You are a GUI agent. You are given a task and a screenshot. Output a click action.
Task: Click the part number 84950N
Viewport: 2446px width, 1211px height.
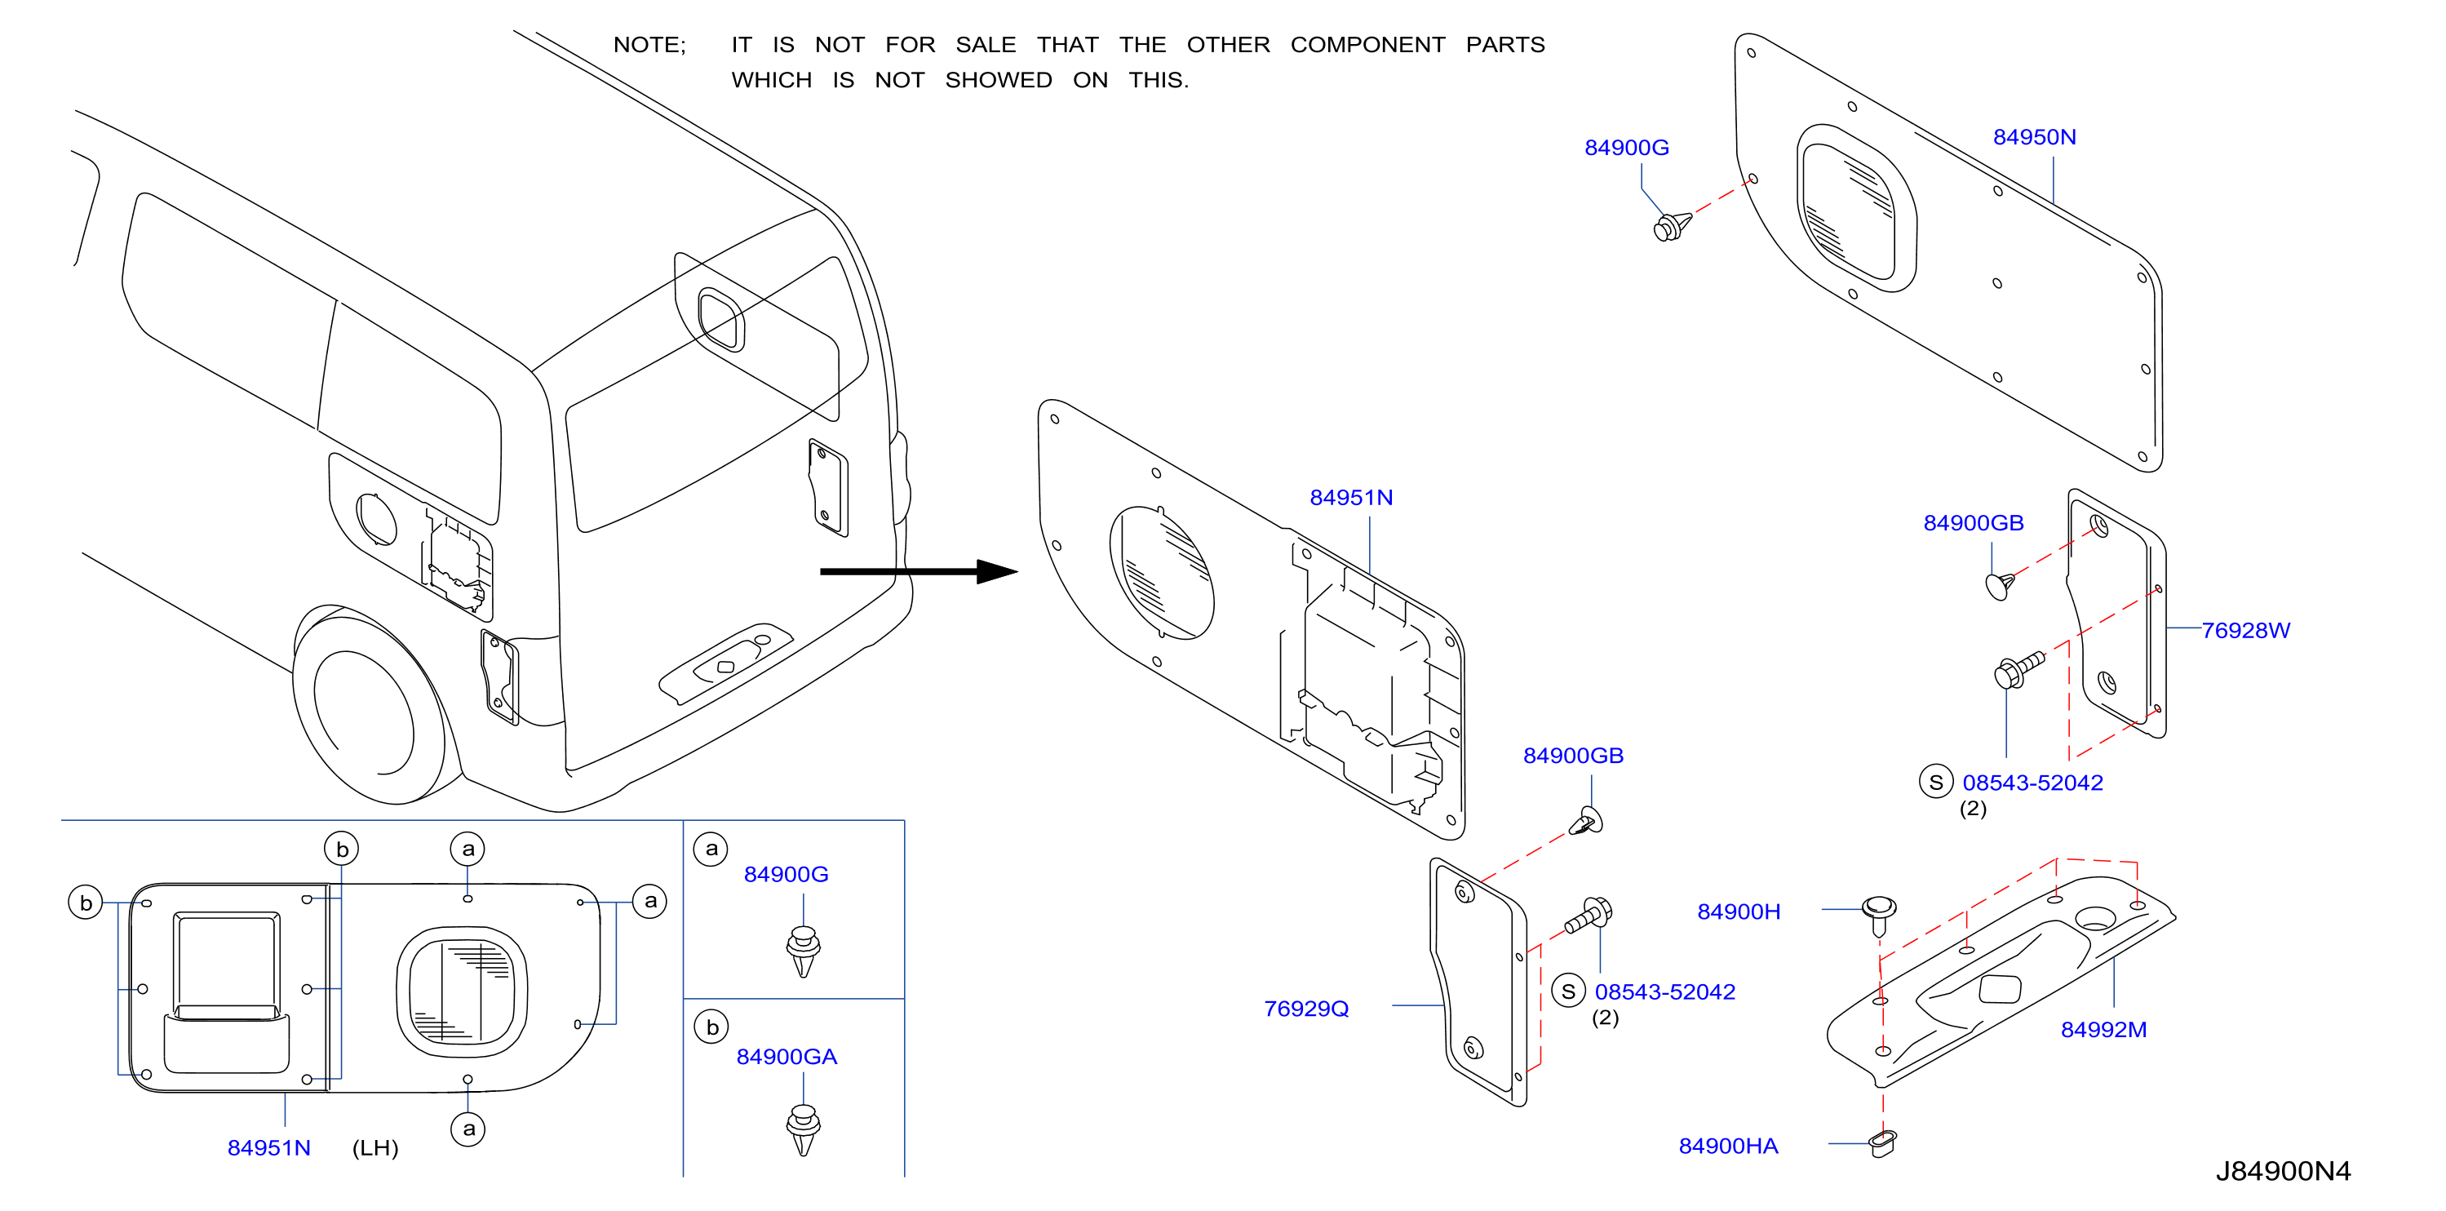pos(2034,137)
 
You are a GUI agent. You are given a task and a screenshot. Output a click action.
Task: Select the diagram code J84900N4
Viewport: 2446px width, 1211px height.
pos(2283,1170)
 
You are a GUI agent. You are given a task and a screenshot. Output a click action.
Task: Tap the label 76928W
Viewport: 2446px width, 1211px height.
pos(2244,630)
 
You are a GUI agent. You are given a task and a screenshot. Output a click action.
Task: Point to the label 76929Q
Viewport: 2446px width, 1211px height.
pos(1305,1008)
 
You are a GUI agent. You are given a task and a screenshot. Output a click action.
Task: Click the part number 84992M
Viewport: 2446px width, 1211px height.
pos(2103,1029)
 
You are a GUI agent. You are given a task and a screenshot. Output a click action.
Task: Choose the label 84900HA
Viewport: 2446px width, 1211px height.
pos(1728,1146)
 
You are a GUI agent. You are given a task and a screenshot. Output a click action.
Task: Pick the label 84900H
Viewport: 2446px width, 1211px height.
pos(1739,911)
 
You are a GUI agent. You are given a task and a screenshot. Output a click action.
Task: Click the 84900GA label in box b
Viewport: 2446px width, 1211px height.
pos(787,1056)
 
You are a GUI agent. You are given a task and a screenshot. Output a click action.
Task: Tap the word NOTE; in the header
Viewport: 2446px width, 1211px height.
pos(649,45)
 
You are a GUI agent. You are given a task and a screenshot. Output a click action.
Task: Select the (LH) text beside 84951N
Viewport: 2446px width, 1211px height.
pos(375,1147)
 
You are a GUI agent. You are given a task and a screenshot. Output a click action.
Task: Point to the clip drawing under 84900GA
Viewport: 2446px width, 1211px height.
pos(804,1129)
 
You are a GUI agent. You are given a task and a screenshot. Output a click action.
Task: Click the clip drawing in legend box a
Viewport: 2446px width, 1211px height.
pos(804,951)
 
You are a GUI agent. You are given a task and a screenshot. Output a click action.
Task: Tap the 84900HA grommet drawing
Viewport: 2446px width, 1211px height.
pos(1882,1142)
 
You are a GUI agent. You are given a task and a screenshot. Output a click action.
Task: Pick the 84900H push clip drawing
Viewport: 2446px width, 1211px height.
pos(1879,915)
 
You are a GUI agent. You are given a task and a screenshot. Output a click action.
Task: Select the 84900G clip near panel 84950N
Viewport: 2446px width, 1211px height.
pos(1672,226)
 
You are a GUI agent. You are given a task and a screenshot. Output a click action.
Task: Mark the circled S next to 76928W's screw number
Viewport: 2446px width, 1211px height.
pos(1935,781)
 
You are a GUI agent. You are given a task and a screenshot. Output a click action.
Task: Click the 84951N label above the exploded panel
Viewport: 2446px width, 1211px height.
pos(1350,497)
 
